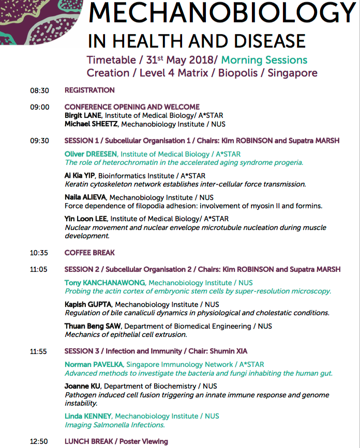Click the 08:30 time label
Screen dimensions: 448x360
click(x=39, y=90)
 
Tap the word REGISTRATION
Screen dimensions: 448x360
click(x=89, y=90)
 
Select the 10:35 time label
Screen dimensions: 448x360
click(x=39, y=253)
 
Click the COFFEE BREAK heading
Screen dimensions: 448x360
click(x=89, y=253)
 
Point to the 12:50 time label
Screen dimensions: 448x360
click(x=39, y=442)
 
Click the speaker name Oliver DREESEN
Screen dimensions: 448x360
click(x=91, y=154)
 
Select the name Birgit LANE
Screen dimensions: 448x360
click(x=83, y=116)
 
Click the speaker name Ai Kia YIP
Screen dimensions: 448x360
click(x=80, y=176)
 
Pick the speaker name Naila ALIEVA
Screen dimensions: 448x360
click(x=85, y=197)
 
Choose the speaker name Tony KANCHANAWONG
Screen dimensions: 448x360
click(x=105, y=283)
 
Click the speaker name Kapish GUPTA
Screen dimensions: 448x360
click(x=88, y=305)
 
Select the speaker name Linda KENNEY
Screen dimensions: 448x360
click(x=88, y=416)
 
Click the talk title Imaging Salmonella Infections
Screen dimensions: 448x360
click(x=114, y=425)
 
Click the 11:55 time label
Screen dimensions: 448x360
click(x=39, y=352)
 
